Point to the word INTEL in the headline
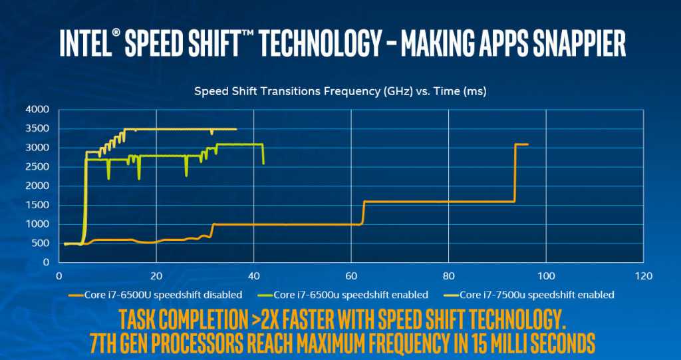[x=83, y=43]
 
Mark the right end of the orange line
[x=527, y=144]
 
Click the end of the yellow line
[x=236, y=129]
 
